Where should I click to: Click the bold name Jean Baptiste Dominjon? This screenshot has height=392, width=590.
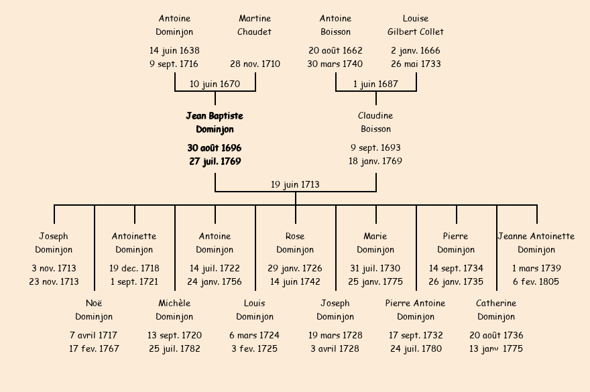point(215,123)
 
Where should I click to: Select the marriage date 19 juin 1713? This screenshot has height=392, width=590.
point(295,184)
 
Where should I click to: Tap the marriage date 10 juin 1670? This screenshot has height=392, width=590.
point(215,84)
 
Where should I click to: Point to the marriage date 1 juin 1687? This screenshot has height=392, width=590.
point(375,84)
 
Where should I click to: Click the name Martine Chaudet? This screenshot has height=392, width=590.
point(255,25)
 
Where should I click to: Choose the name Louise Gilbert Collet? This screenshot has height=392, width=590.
point(416,25)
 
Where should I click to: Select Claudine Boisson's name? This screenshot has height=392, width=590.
point(375,123)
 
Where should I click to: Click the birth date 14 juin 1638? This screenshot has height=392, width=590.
point(174,50)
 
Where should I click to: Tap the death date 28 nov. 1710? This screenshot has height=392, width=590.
point(255,64)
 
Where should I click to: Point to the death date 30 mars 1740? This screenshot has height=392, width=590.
point(335,64)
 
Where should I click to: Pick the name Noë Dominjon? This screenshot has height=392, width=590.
point(94,310)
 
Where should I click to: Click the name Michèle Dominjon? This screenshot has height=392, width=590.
point(174,310)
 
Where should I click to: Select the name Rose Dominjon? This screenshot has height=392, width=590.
point(295,243)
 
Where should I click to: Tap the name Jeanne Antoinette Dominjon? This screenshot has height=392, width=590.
point(536,243)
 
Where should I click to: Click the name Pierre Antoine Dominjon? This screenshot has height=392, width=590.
point(416,310)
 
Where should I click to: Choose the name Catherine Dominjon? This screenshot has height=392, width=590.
point(496,310)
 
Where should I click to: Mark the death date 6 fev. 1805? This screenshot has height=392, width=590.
point(536,282)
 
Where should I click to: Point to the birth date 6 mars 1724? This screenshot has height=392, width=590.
point(255,335)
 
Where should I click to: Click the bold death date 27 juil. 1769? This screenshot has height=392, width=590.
point(215,161)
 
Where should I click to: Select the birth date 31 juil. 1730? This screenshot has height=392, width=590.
point(375,268)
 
